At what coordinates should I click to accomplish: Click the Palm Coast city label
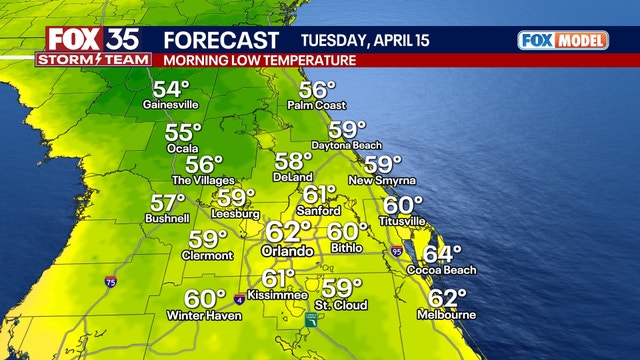[316, 105]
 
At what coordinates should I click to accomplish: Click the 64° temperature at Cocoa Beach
[441, 254]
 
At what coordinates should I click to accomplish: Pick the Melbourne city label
[448, 314]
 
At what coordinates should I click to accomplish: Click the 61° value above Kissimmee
[278, 279]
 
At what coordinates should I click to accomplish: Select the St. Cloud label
[341, 304]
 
